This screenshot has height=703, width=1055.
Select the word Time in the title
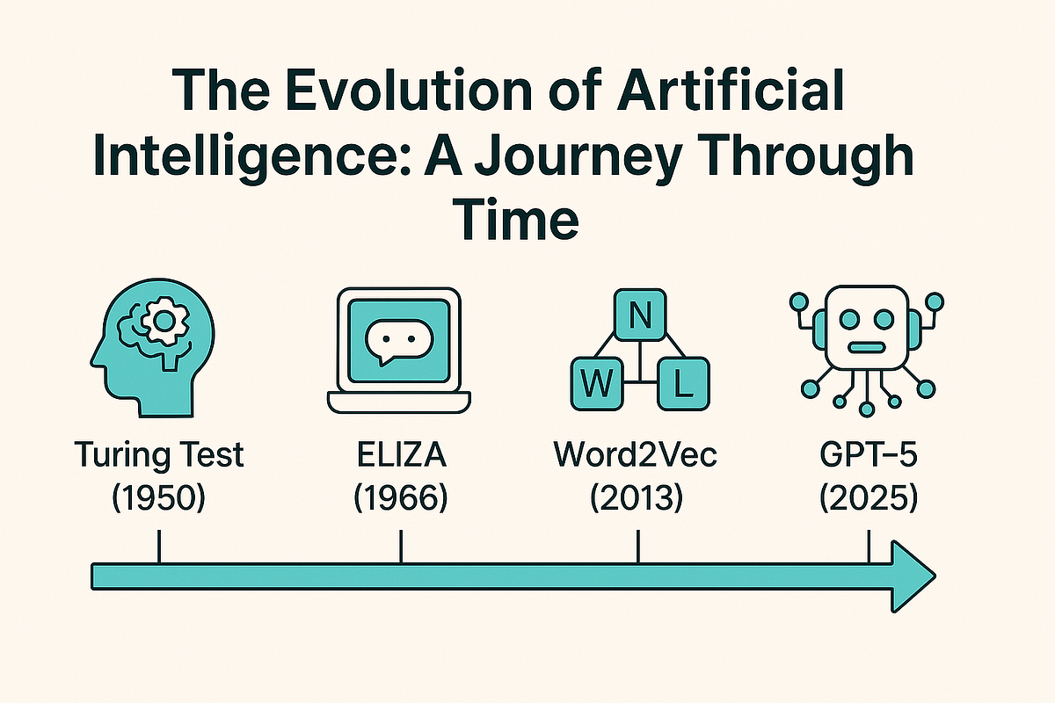point(516,217)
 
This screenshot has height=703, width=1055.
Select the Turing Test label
point(159,456)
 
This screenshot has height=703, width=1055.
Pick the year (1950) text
point(159,498)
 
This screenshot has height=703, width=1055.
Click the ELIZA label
point(400,456)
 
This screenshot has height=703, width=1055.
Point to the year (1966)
point(400,498)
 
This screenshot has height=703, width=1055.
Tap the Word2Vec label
point(637,456)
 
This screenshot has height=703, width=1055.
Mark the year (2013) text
point(637,498)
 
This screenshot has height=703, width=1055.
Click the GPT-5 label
point(867,456)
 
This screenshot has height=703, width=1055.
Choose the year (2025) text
point(867,498)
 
